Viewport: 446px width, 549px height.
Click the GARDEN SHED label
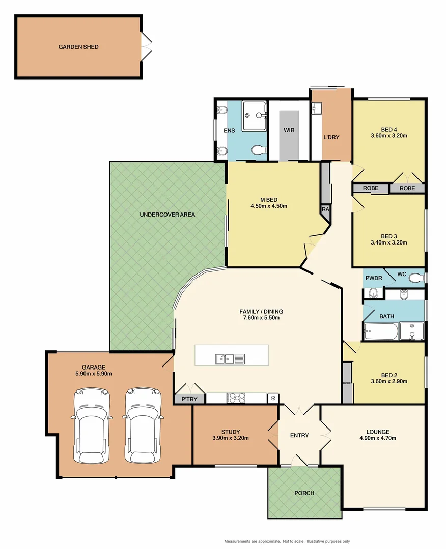78,47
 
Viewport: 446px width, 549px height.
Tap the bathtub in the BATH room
381,332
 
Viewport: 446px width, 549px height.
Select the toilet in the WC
416,278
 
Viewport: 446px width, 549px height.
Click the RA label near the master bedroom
325,209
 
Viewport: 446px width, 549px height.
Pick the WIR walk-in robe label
289,130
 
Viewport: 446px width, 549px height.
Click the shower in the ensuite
254,115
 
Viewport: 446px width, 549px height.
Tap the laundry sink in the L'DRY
317,108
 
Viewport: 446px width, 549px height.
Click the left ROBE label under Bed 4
371,188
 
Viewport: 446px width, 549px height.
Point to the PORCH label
304,493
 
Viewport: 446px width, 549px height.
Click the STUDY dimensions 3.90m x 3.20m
231,438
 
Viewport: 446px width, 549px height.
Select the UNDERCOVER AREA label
167,215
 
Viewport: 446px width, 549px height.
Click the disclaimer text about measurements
287,542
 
